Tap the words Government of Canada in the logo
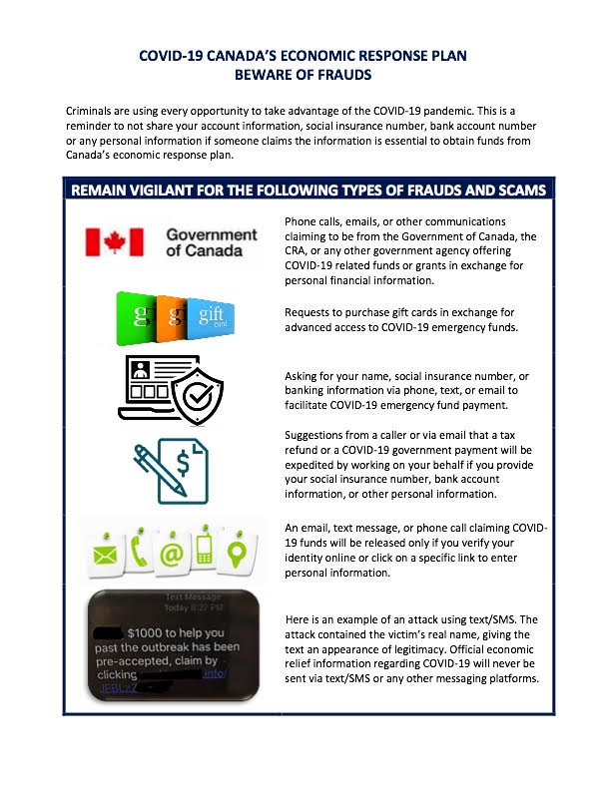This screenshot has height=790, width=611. pyautogui.click(x=211, y=242)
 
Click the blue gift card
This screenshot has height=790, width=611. pyautogui.click(x=211, y=319)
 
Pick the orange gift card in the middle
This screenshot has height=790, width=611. pyautogui.click(x=171, y=318)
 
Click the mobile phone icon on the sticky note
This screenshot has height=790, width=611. pyautogui.click(x=207, y=548)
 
